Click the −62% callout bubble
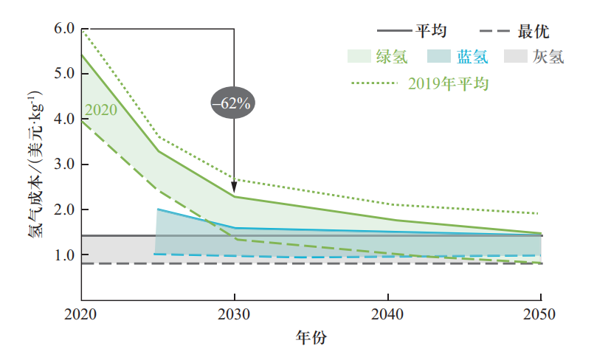click(x=232, y=103)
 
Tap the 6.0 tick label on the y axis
click(x=64, y=29)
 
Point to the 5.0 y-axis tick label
click(x=64, y=74)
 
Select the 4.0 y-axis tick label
click(x=64, y=119)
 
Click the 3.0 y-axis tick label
click(x=64, y=165)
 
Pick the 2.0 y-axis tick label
click(x=64, y=210)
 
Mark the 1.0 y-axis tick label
click(x=64, y=255)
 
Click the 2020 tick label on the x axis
click(x=80, y=314)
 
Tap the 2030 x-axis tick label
click(x=234, y=314)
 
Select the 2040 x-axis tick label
click(x=388, y=314)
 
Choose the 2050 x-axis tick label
click(x=542, y=314)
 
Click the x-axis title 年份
click(x=311, y=338)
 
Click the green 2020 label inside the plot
click(x=101, y=111)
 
